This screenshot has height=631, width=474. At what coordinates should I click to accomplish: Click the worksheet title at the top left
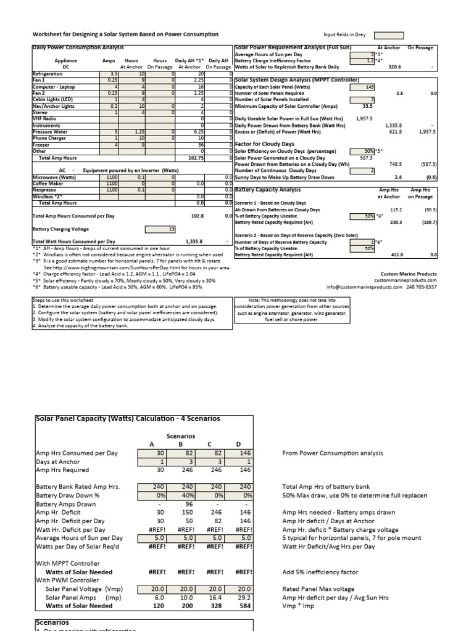coord(125,35)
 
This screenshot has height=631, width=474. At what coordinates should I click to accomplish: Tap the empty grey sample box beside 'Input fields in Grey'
coord(389,35)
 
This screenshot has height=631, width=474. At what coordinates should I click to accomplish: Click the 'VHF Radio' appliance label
coord(44,118)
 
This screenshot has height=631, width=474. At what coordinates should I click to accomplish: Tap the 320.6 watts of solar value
coord(393,67)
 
